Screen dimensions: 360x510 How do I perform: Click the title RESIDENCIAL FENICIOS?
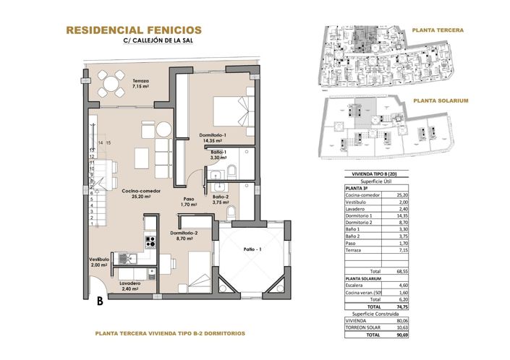point(133,30)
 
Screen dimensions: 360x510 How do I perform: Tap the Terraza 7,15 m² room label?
point(140,84)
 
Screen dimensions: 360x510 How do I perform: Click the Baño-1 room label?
point(220,154)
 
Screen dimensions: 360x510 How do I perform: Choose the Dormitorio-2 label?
point(184,235)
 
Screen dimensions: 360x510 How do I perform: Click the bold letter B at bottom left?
point(98,299)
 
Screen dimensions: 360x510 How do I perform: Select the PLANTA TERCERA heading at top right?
point(438,30)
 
